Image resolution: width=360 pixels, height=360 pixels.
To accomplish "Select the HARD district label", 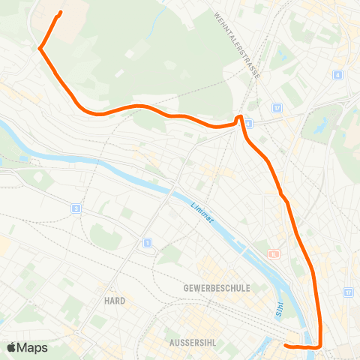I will click(x=115, y=299).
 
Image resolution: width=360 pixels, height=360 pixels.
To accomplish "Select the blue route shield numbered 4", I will click(x=339, y=75).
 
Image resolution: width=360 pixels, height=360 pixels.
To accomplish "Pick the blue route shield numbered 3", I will click(x=76, y=208).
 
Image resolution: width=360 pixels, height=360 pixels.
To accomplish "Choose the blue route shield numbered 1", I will click(x=148, y=243).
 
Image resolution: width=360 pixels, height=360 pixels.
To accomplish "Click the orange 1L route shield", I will click(x=274, y=253).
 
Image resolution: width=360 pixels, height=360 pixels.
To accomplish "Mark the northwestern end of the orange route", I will click(x=60, y=12).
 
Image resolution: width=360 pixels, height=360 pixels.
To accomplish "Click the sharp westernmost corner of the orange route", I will click(x=39, y=49).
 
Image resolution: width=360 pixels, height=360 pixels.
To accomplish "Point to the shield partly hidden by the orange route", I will click(x=248, y=122).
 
